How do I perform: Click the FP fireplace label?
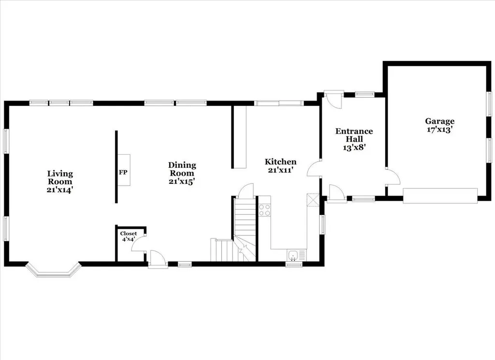pyautogui.click(x=123, y=172)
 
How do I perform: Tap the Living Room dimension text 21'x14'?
pyautogui.click(x=60, y=190)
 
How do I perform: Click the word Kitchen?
pyautogui.click(x=280, y=162)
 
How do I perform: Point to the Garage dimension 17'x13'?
pyautogui.click(x=440, y=129)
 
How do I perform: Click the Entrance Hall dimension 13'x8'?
pyautogui.click(x=354, y=147)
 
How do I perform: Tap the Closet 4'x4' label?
pyautogui.click(x=129, y=237)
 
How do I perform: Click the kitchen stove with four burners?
pyautogui.click(x=264, y=210)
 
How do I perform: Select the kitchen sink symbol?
pyautogui.click(x=293, y=255)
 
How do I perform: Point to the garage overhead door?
pyautogui.click(x=440, y=195)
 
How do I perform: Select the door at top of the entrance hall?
pyautogui.click(x=335, y=100)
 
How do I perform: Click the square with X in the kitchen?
pyautogui.click(x=313, y=199)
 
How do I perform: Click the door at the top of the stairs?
pyautogui.click(x=245, y=191)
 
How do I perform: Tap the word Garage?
pyautogui.click(x=440, y=121)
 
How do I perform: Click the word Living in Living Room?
pyautogui.click(x=60, y=174)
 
